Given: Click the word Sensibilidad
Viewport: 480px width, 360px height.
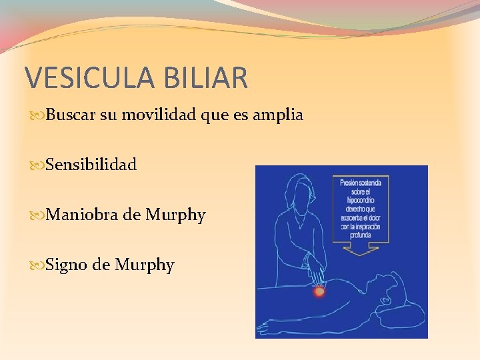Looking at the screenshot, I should (91, 165).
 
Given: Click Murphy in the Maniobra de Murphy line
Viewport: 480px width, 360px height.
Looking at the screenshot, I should (176, 215).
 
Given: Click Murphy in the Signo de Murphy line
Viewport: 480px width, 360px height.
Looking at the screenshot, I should (145, 265).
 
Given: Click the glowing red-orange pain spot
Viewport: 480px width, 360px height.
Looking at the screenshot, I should (319, 291).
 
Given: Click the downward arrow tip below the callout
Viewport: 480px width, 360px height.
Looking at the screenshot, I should (360, 253).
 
